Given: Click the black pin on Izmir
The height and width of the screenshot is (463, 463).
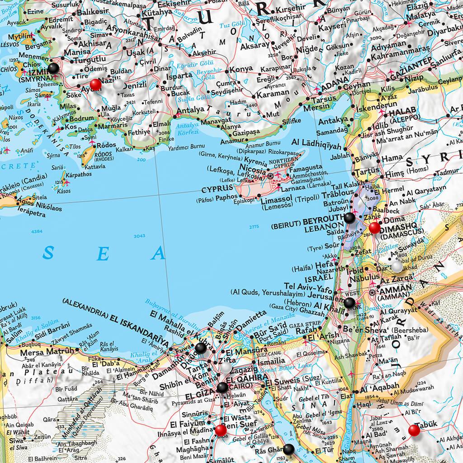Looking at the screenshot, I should (54, 68).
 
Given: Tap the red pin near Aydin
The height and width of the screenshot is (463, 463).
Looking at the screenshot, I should (96, 85).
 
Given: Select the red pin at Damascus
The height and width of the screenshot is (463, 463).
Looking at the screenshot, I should (374, 228).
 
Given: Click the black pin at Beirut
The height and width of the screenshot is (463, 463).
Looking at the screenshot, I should (350, 218).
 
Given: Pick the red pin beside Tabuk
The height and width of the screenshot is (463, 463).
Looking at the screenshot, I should (414, 430).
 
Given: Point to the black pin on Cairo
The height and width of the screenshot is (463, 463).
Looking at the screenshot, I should (222, 387).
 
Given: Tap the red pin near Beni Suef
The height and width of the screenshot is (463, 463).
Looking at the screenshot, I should (220, 430).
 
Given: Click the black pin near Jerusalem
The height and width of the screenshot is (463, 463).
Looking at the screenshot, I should (350, 302).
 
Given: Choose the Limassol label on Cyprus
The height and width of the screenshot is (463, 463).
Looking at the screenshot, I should (275, 199).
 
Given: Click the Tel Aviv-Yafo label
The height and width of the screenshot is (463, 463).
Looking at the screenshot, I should (307, 286).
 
